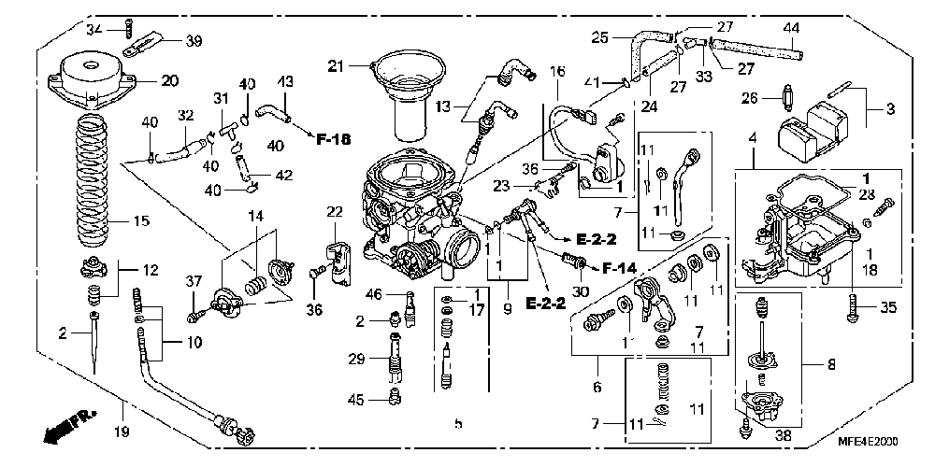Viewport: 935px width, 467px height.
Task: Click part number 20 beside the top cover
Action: pos(168,80)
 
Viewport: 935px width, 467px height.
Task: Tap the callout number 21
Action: pos(336,65)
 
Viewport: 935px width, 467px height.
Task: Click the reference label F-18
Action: pos(333,140)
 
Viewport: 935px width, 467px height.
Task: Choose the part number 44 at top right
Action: pos(791,28)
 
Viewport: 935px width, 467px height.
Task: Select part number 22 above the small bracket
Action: pos(335,212)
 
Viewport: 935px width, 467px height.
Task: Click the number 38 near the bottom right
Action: pos(784,433)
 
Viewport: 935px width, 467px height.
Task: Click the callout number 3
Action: pos(890,108)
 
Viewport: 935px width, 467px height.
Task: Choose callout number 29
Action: pos(355,359)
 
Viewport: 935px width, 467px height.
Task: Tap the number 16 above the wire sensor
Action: pos(557,71)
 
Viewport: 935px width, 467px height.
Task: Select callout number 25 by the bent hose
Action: pos(601,37)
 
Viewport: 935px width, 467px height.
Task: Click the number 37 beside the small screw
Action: pos(194,281)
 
